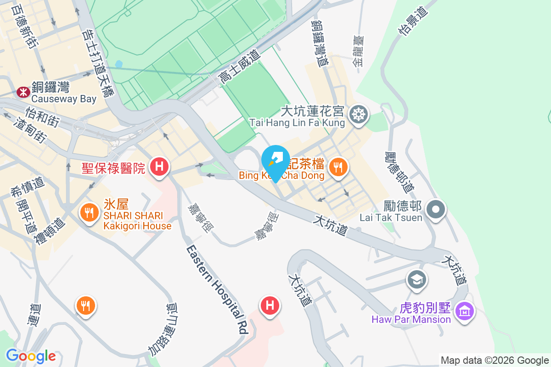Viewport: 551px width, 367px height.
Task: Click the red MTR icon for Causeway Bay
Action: click(x=22, y=92)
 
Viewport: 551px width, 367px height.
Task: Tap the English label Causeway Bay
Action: click(x=64, y=99)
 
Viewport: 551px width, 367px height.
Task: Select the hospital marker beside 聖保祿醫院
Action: click(x=159, y=166)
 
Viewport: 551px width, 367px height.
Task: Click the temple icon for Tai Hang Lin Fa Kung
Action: click(x=359, y=113)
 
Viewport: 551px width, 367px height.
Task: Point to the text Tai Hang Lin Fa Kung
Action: click(x=297, y=122)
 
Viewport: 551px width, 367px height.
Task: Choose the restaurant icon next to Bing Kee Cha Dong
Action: click(x=338, y=167)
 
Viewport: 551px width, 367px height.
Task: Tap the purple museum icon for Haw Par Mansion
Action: click(x=465, y=311)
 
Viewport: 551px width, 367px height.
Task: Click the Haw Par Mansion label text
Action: click(x=411, y=319)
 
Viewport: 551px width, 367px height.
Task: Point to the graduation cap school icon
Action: click(x=417, y=279)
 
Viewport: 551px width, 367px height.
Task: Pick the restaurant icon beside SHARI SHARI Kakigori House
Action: click(x=88, y=212)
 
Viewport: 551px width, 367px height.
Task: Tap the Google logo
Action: click(x=31, y=356)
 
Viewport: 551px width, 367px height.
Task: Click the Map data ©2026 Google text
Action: click(x=495, y=360)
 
